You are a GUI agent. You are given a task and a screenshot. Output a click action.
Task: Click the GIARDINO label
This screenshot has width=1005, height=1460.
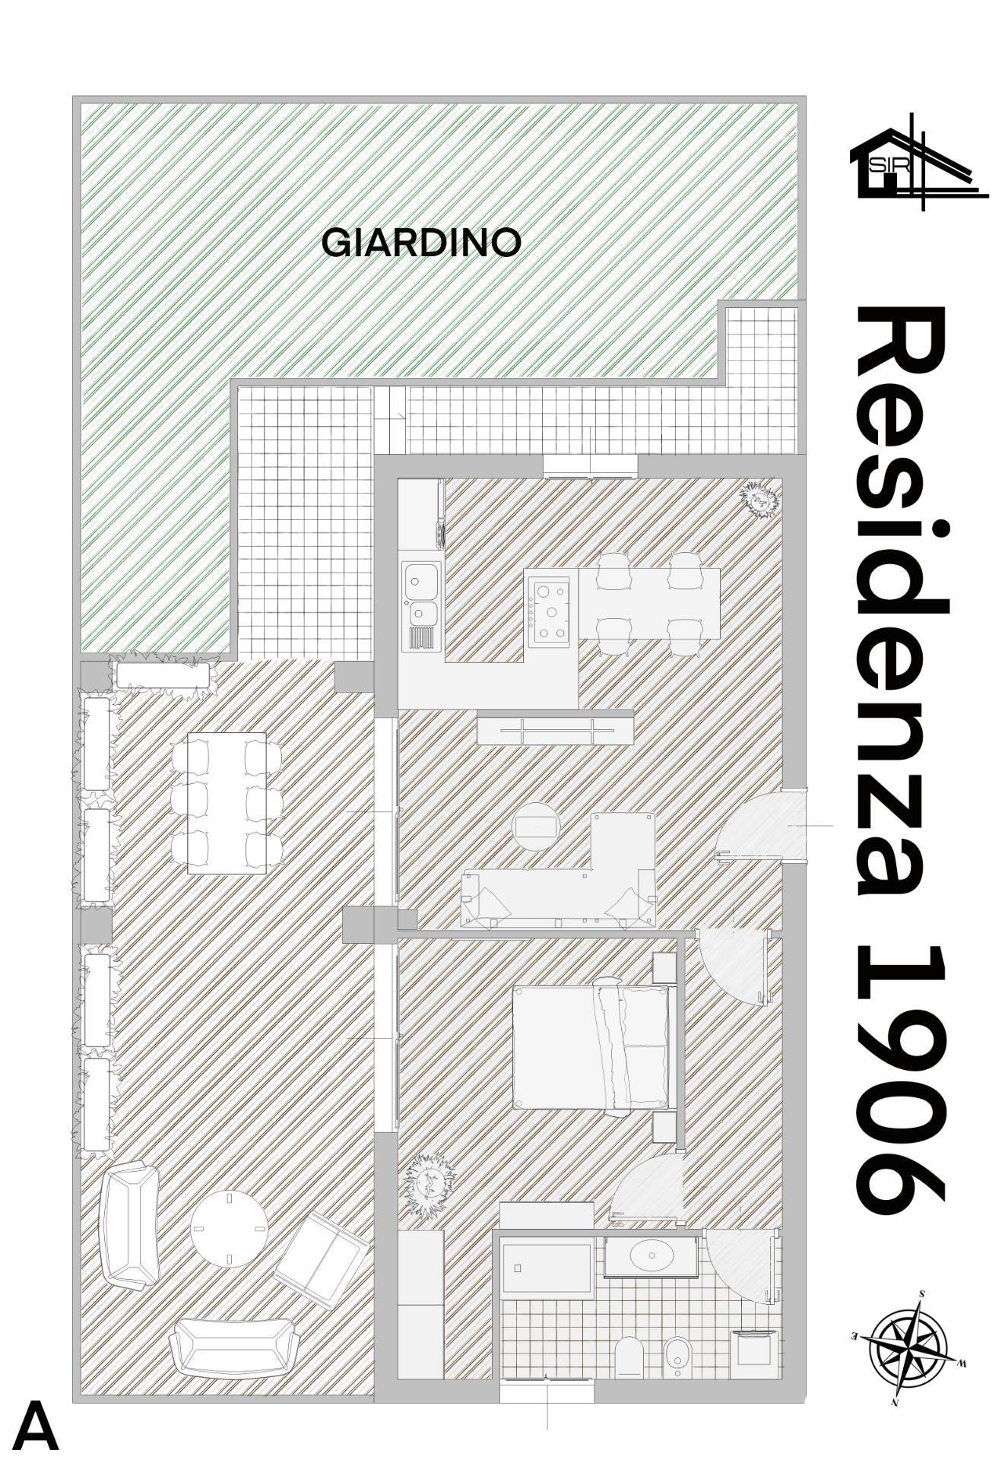[421, 243]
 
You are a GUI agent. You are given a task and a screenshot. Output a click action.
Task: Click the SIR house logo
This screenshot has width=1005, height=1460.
[918, 160]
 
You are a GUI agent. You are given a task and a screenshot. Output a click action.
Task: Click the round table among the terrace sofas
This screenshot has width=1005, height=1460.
[228, 1229]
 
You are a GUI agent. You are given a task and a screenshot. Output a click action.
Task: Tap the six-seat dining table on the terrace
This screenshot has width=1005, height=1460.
[227, 803]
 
